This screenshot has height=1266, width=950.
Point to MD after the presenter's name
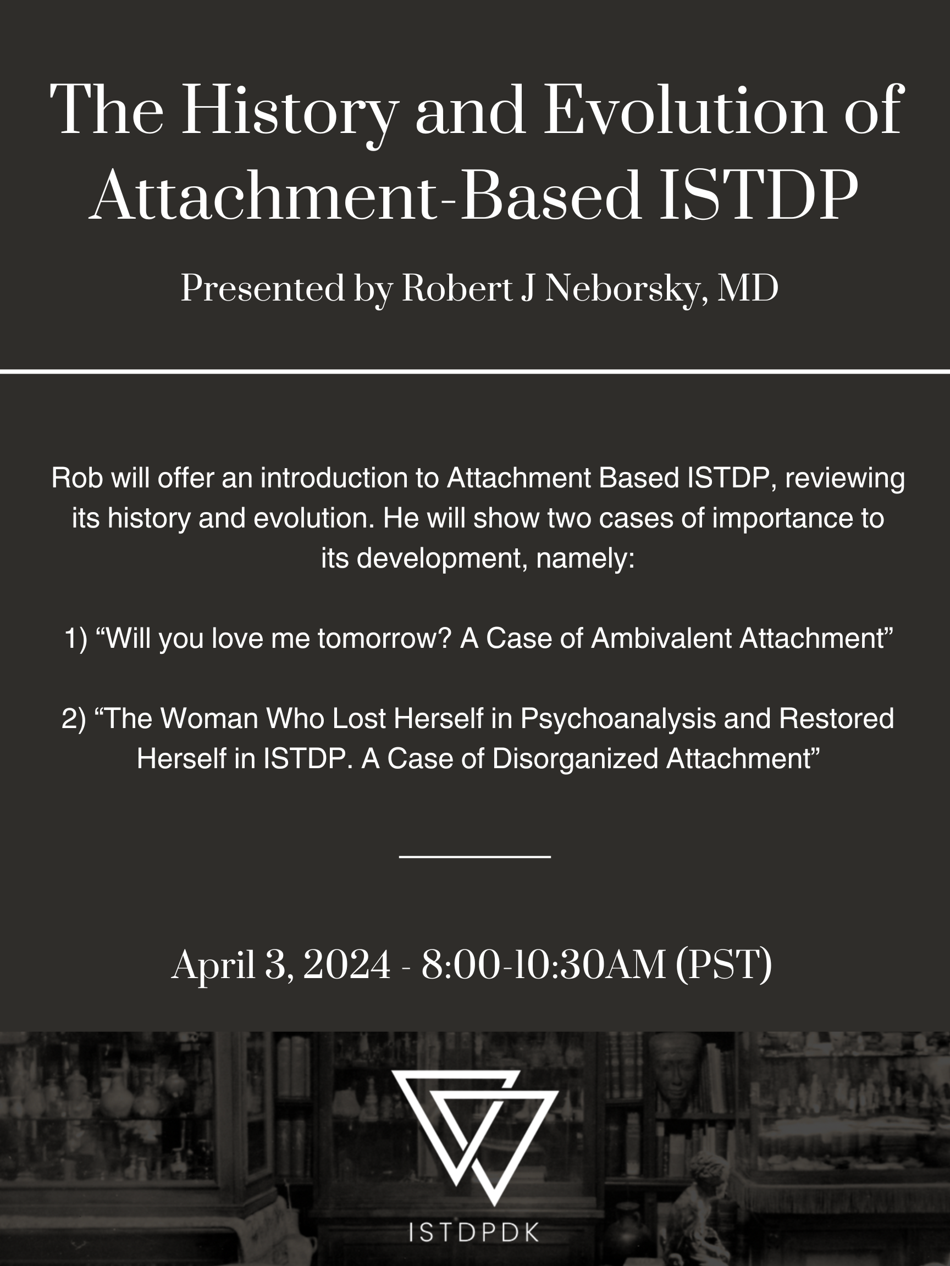point(748,288)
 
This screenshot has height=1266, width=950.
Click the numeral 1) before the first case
point(76,638)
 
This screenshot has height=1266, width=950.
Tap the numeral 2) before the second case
point(74,719)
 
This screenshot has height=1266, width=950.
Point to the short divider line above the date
point(474,857)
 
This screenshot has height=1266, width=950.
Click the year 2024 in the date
point(346,965)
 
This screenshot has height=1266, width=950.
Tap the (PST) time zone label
point(724,966)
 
